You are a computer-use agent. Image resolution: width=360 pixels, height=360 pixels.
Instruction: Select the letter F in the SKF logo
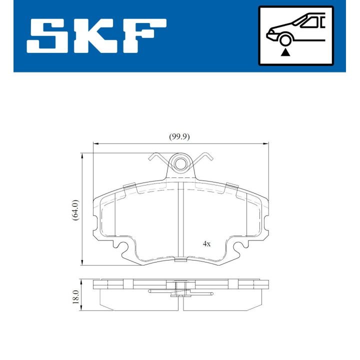point(142,37)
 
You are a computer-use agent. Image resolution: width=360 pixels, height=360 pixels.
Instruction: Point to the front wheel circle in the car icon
point(285,40)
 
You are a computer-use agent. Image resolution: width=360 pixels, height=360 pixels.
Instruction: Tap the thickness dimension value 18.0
point(75,296)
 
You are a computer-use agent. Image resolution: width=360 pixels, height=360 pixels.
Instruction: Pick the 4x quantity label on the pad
point(206,244)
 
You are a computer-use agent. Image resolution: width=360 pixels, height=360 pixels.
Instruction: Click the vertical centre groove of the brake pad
point(180,220)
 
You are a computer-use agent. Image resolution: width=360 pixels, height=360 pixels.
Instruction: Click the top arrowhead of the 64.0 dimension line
point(81,156)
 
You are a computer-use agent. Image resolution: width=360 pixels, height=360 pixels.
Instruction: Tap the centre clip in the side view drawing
point(180,289)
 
